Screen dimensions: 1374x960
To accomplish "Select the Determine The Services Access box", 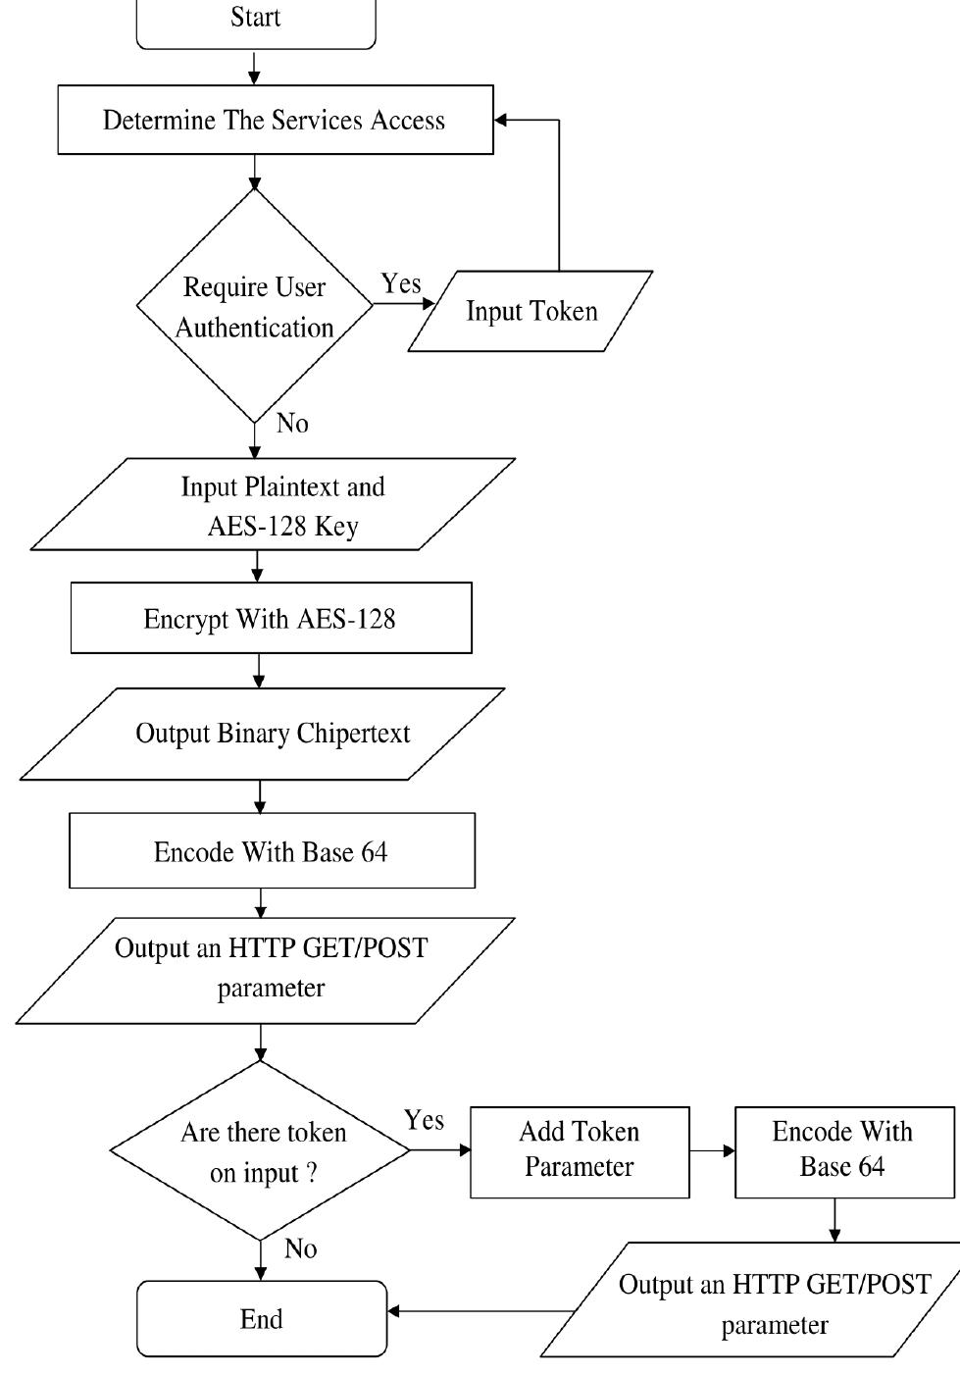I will [x=275, y=120].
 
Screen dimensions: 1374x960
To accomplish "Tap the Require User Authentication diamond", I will [x=255, y=306].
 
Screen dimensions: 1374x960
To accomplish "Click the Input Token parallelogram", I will [x=531, y=311].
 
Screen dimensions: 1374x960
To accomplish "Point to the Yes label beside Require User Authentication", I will [x=401, y=283].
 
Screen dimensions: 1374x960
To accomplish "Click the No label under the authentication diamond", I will [x=292, y=424].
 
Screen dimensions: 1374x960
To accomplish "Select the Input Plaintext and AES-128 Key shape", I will [x=275, y=505].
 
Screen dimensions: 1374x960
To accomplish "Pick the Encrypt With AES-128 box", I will [x=271, y=619].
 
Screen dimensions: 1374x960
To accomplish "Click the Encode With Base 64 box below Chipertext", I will [x=272, y=851].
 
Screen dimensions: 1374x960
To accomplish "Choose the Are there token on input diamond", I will [x=261, y=1151].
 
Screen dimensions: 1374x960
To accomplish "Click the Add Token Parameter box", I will [x=580, y=1151].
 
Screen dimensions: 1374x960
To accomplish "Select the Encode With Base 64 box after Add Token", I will [x=843, y=1151].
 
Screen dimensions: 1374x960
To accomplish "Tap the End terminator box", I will [x=262, y=1319].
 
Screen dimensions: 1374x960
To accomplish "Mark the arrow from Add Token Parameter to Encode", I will [x=713, y=1150].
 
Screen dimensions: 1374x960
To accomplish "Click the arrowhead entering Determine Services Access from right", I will [x=501, y=121].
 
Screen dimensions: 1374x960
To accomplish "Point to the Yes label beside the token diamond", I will [x=424, y=1120].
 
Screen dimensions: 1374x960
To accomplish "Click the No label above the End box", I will [x=300, y=1248].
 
